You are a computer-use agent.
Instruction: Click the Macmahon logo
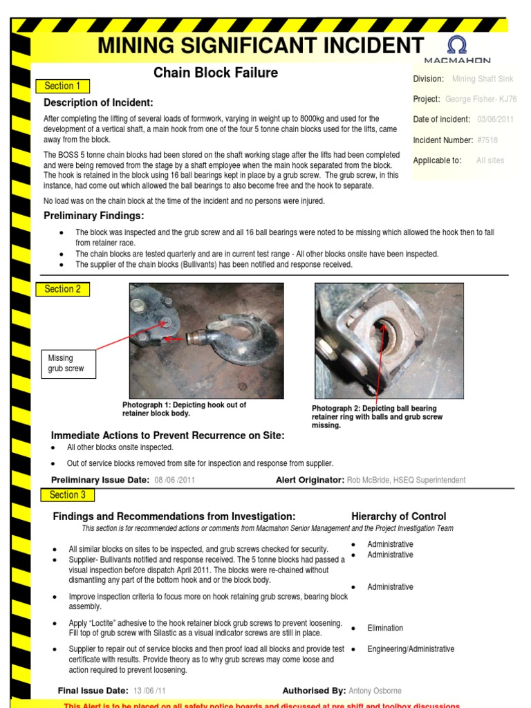coord(467,50)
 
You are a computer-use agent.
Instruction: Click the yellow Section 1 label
coord(62,86)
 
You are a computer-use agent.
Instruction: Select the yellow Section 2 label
coord(62,289)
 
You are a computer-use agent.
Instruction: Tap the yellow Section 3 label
coord(68,494)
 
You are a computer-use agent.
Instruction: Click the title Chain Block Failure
coord(216,73)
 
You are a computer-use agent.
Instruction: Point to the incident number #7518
coord(487,140)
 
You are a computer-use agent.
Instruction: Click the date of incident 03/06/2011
coord(496,120)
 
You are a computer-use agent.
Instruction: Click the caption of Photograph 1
coord(184,409)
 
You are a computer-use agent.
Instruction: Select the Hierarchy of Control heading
coord(398,516)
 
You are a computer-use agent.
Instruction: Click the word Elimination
coord(385,628)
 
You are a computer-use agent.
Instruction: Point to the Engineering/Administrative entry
coord(411,649)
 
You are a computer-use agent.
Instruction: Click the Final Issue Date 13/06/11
coord(150,691)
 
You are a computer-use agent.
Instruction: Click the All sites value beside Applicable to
coord(490,160)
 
